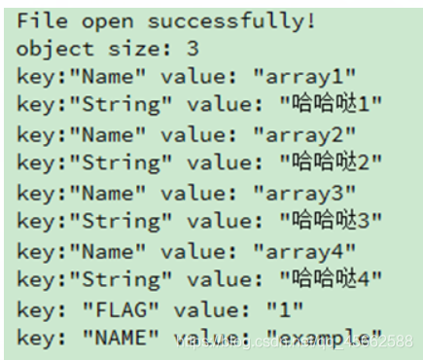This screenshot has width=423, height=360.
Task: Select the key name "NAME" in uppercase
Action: [x=119, y=338]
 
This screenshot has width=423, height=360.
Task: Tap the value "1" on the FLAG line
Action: [x=274, y=309]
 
